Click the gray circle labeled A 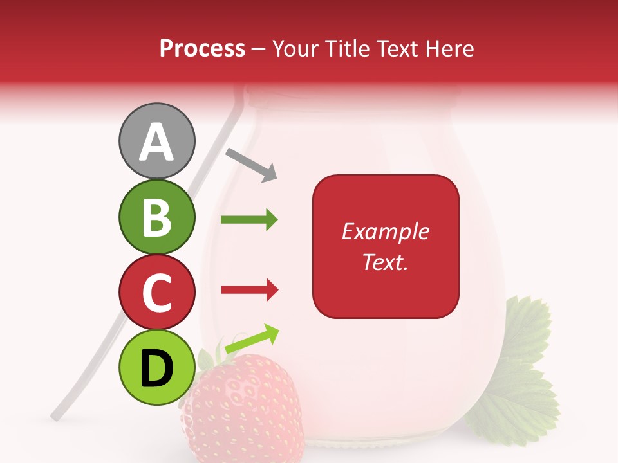click(x=156, y=141)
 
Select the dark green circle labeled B click(x=156, y=217)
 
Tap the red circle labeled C click(x=156, y=292)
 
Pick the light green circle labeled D click(x=156, y=368)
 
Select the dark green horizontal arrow click(x=249, y=220)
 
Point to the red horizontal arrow click(x=249, y=291)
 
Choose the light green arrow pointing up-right click(x=252, y=339)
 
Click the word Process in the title click(x=202, y=48)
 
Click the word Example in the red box click(x=385, y=232)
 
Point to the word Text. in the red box click(x=385, y=262)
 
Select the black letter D click(x=156, y=369)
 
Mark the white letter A click(x=156, y=142)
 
